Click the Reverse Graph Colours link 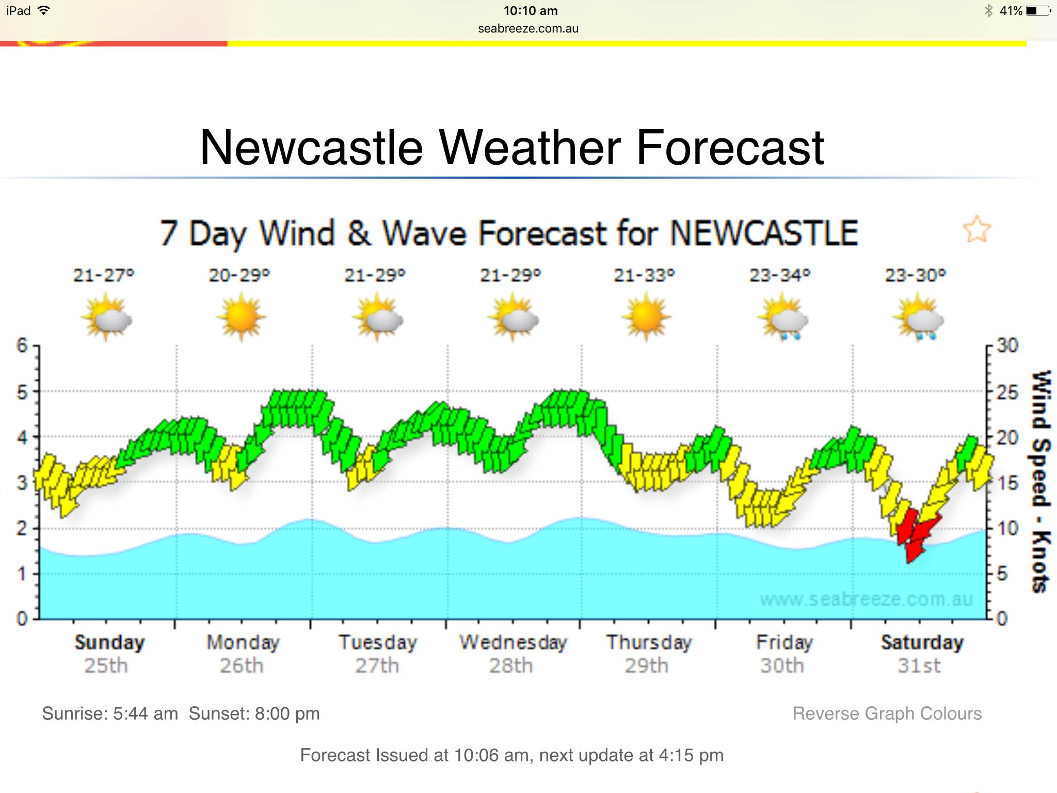(887, 713)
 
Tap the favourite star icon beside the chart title (976, 229)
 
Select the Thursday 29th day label (648, 654)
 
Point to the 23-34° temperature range (780, 275)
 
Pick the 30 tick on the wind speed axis (1006, 345)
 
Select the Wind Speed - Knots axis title (1040, 481)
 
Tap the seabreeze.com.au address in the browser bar (528, 29)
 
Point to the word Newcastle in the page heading (311, 148)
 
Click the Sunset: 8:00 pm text (254, 713)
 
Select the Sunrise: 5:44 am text (110, 713)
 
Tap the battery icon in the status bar (1038, 11)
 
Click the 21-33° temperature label (644, 275)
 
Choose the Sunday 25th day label (109, 654)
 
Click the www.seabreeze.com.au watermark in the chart (866, 599)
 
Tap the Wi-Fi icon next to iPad (44, 10)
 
